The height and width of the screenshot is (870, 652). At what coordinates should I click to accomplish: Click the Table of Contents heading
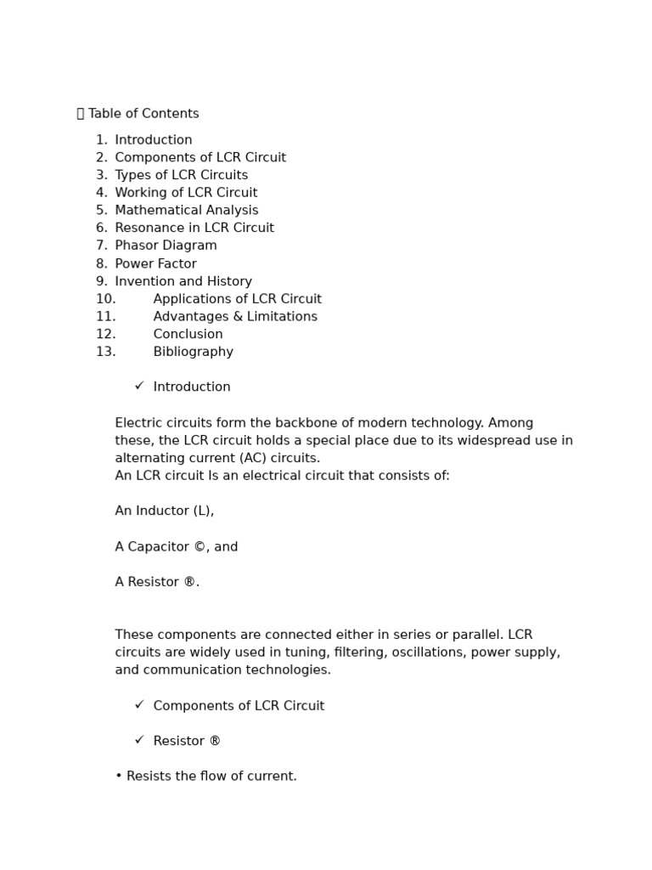tap(143, 114)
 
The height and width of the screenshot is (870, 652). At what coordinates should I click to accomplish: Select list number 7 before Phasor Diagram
tap(102, 246)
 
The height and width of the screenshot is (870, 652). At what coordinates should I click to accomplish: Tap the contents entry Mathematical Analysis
tap(186, 210)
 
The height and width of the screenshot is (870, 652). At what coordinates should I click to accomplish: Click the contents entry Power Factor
tap(155, 263)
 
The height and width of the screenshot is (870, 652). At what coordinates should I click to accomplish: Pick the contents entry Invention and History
tap(183, 281)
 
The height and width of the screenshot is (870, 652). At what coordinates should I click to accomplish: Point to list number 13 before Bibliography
tap(105, 352)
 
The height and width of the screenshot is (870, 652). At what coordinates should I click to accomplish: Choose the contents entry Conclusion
tap(188, 334)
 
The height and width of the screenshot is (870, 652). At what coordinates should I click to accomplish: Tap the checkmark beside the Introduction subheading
tap(139, 386)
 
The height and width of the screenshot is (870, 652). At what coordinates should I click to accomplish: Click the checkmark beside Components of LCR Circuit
tap(139, 704)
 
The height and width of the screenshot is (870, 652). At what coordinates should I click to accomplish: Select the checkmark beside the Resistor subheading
tap(139, 740)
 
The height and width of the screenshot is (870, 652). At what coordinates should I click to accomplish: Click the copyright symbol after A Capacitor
tap(200, 547)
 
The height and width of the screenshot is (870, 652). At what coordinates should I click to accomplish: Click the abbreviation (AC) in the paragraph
tap(253, 458)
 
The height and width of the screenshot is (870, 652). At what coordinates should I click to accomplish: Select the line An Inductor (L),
tap(164, 511)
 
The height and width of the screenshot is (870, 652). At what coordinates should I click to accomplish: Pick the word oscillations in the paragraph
tap(402, 652)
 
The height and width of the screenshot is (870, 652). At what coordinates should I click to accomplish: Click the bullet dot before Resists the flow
tap(119, 777)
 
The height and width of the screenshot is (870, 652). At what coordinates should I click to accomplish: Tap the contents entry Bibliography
tap(193, 352)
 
